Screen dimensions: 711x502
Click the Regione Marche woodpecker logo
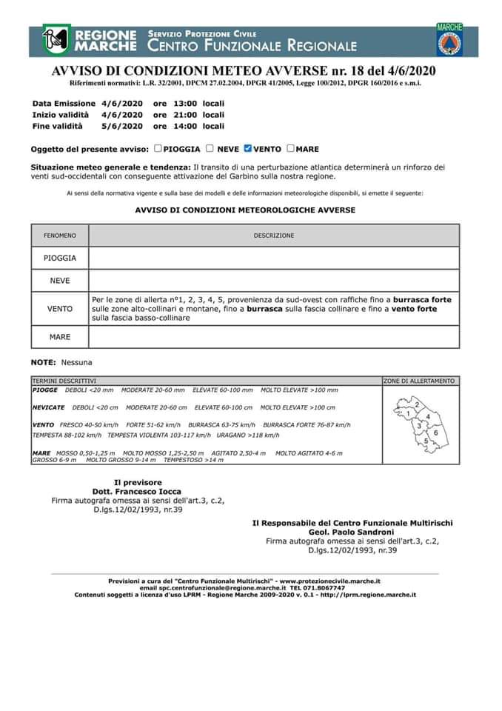click(x=57, y=40)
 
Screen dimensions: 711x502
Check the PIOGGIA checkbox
click(x=158, y=148)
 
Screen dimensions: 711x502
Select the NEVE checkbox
click(x=210, y=148)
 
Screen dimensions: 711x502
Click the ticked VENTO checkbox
click(x=248, y=148)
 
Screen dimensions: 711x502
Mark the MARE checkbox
click(x=290, y=148)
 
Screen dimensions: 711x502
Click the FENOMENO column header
click(x=60, y=236)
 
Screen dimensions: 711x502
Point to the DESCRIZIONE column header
click(x=274, y=236)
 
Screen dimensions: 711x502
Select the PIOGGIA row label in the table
click(x=60, y=258)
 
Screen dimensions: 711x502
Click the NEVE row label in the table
click(x=60, y=281)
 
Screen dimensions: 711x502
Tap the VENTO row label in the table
click(x=60, y=309)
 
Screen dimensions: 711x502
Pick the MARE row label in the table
click(x=60, y=337)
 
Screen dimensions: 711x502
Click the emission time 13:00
click(x=185, y=104)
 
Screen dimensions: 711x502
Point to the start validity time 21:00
click(x=185, y=115)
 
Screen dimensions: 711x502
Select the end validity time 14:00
click(x=185, y=126)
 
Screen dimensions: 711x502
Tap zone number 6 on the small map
click(x=436, y=433)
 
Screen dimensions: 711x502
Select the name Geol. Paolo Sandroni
click(x=352, y=532)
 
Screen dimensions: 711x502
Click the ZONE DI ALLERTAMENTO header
click(x=419, y=381)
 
